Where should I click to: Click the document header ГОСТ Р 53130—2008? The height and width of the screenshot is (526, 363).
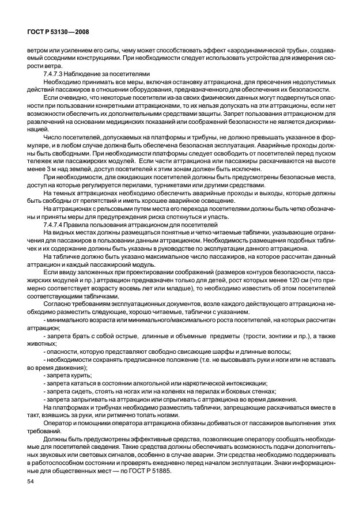pos(58,32)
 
